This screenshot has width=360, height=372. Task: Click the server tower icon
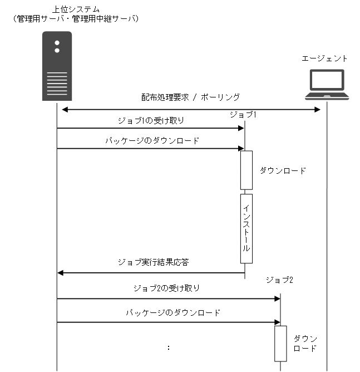[x=57, y=66]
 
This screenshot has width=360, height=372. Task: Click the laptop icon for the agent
[x=327, y=84]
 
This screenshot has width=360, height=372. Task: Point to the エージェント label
[x=325, y=58]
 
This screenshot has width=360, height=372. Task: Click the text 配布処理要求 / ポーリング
[x=190, y=97]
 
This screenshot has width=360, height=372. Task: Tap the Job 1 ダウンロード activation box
[x=246, y=170]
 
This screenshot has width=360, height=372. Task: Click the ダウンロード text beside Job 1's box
[x=283, y=171]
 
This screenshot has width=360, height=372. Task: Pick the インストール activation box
[x=246, y=228]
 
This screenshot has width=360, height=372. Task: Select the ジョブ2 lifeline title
[x=279, y=279]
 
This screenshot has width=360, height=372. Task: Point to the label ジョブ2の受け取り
[x=166, y=288]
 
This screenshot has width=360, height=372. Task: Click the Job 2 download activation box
[x=281, y=343]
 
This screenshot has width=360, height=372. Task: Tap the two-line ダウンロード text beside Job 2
[x=305, y=344]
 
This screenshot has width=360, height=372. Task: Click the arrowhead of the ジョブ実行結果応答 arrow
[x=61, y=273]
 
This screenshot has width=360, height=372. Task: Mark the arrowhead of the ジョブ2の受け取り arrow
[x=277, y=299]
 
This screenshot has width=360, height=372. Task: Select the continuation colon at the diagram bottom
[x=168, y=347]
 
